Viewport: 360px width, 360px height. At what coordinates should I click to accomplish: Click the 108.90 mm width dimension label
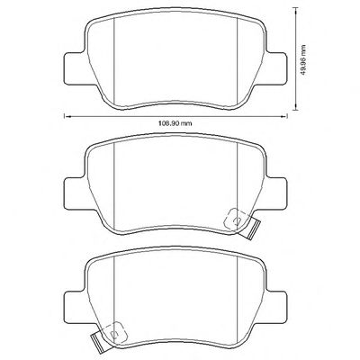(175, 123)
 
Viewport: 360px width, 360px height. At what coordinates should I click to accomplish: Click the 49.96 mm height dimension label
(304, 59)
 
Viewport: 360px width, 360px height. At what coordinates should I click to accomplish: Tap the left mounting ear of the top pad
(75, 67)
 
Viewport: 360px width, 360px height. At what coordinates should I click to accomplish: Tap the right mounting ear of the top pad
(276, 67)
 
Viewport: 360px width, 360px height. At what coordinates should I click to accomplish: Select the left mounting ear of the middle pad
(75, 193)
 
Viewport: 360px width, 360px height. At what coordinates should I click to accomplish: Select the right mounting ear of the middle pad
(276, 193)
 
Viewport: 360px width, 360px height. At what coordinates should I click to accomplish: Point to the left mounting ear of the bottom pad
(75, 306)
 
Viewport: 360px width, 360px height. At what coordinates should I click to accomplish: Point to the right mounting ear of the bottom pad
(276, 306)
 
